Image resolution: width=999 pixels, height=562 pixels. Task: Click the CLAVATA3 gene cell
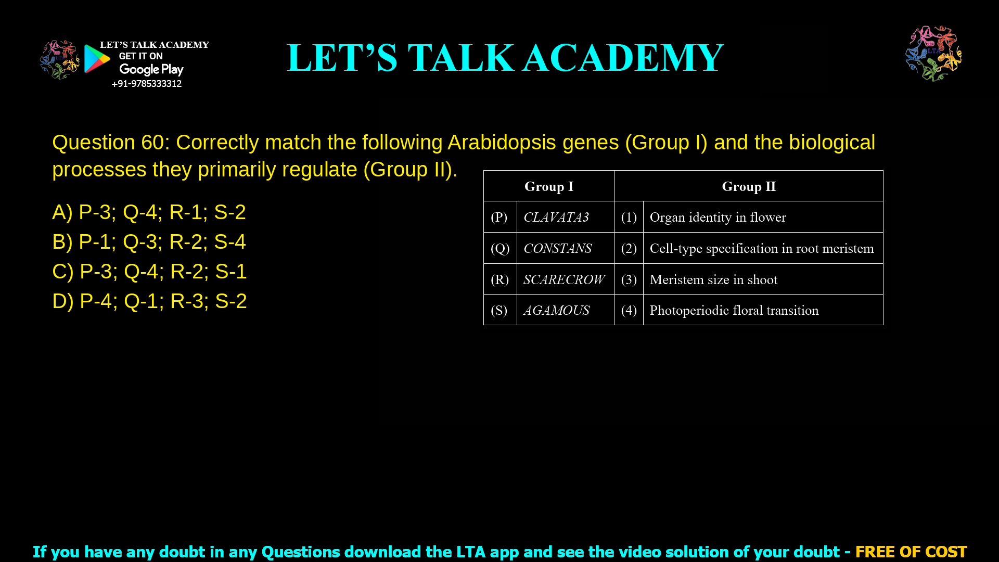pos(556,217)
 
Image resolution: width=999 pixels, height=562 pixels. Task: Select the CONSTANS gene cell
pos(557,248)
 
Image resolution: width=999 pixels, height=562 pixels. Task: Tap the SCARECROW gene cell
pos(564,279)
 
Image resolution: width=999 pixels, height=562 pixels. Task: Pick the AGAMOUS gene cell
pos(556,310)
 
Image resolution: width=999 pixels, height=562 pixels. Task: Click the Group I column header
pos(548,186)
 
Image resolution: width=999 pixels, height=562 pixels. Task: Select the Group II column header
pos(748,186)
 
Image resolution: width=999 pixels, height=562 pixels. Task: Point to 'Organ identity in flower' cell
pos(718,217)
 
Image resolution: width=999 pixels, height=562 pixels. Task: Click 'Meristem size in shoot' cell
pos(713,279)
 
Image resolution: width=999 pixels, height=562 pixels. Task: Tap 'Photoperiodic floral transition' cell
pos(734,310)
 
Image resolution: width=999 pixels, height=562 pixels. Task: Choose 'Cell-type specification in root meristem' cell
pos(762,248)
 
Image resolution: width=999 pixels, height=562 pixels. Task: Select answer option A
pos(149,212)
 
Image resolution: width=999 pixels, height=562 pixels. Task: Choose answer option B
pos(149,241)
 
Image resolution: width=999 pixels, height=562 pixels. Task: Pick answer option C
pos(149,271)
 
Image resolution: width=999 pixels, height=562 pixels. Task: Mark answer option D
pos(149,301)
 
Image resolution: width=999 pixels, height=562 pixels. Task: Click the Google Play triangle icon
pos(97,58)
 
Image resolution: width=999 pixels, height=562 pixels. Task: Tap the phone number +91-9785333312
pos(146,84)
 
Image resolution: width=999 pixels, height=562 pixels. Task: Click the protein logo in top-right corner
pos(933,53)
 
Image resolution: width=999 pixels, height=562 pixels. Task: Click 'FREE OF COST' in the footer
pos(911,552)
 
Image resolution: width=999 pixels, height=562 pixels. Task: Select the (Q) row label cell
pos(499,248)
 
